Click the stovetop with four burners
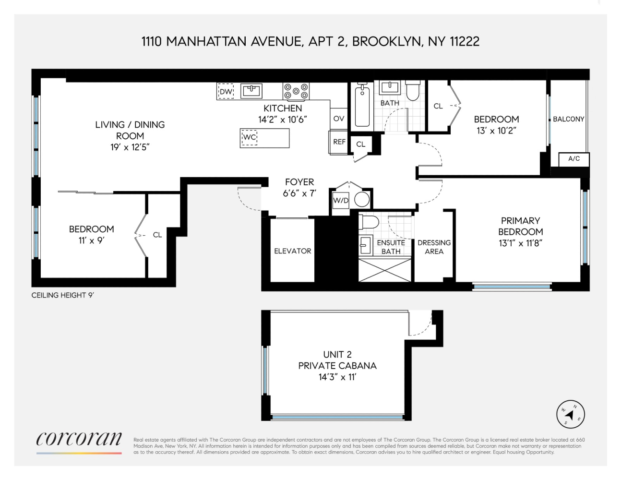pyautogui.click(x=296, y=91)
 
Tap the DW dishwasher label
pyautogui.click(x=226, y=92)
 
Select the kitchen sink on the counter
pyautogui.click(x=251, y=91)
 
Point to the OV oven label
pyautogui.click(x=339, y=118)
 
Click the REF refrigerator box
pyautogui.click(x=339, y=142)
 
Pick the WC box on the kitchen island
pyautogui.click(x=250, y=137)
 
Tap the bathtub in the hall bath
pyautogui.click(x=362, y=106)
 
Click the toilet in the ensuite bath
pyautogui.click(x=369, y=222)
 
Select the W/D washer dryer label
pyautogui.click(x=341, y=201)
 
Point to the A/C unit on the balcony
pyautogui.click(x=574, y=159)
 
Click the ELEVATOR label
pyautogui.click(x=293, y=251)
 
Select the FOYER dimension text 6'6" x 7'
pyautogui.click(x=299, y=193)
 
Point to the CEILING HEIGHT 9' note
pyautogui.click(x=62, y=295)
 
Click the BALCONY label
pyautogui.click(x=568, y=119)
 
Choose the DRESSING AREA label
pyautogui.click(x=434, y=247)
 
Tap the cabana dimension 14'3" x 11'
pyautogui.click(x=337, y=377)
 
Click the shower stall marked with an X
pyautogui.click(x=385, y=270)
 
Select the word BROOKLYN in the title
pyautogui.click(x=387, y=42)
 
